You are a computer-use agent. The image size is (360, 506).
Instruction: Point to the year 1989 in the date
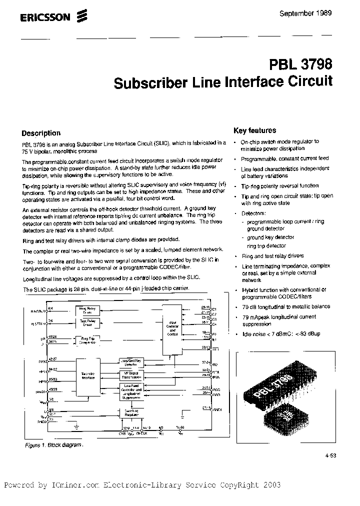[x=323, y=13]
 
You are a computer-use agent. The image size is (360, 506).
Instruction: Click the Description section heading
[x=41, y=133]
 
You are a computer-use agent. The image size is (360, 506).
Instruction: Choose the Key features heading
[x=255, y=130]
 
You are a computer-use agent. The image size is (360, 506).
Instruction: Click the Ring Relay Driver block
[x=87, y=310]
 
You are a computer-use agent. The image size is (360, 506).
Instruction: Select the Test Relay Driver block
[x=87, y=322]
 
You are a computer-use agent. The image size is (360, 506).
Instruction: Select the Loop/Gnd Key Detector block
[x=131, y=362]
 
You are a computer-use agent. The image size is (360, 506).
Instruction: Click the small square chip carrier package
[x=286, y=414]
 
